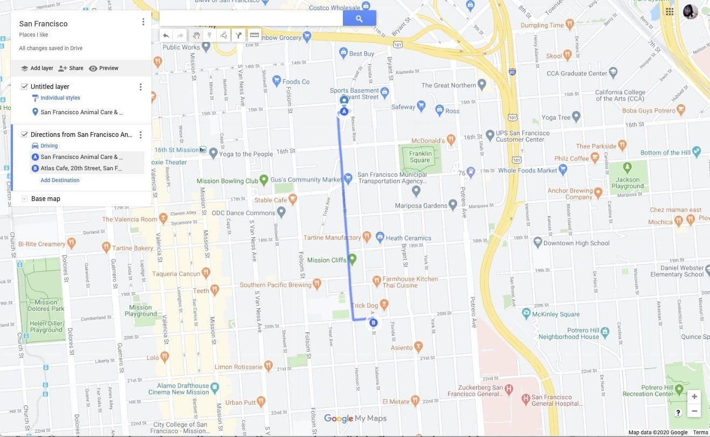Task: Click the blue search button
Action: tap(359, 18)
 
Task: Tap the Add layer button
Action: tap(37, 68)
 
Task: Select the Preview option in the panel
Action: tap(104, 68)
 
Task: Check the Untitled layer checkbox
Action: tap(24, 87)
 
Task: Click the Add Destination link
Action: tap(60, 181)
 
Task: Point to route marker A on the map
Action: tap(344, 112)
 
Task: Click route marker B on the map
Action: tap(373, 323)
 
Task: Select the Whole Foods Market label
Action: tap(528, 170)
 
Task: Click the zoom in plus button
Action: tap(694, 397)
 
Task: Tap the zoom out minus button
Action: tap(694, 411)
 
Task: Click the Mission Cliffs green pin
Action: tap(353, 259)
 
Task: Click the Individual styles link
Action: tap(60, 98)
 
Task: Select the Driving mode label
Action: tap(49, 146)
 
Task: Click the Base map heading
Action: tap(46, 199)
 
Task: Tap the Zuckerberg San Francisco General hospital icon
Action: tap(526, 399)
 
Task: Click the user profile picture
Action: tap(691, 12)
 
